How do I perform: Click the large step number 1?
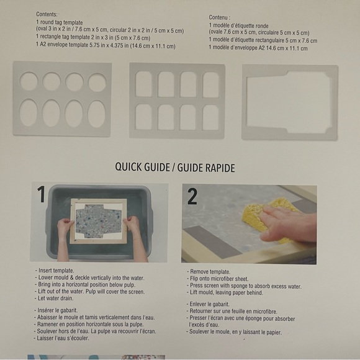(41, 196)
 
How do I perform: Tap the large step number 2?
(192, 196)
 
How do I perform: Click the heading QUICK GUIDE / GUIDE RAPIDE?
(175, 168)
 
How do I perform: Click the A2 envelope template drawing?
(290, 102)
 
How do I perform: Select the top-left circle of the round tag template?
(29, 81)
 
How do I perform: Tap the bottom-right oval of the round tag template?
(96, 114)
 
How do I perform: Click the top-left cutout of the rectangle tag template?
(143, 84)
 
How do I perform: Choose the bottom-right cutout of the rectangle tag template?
(210, 117)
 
